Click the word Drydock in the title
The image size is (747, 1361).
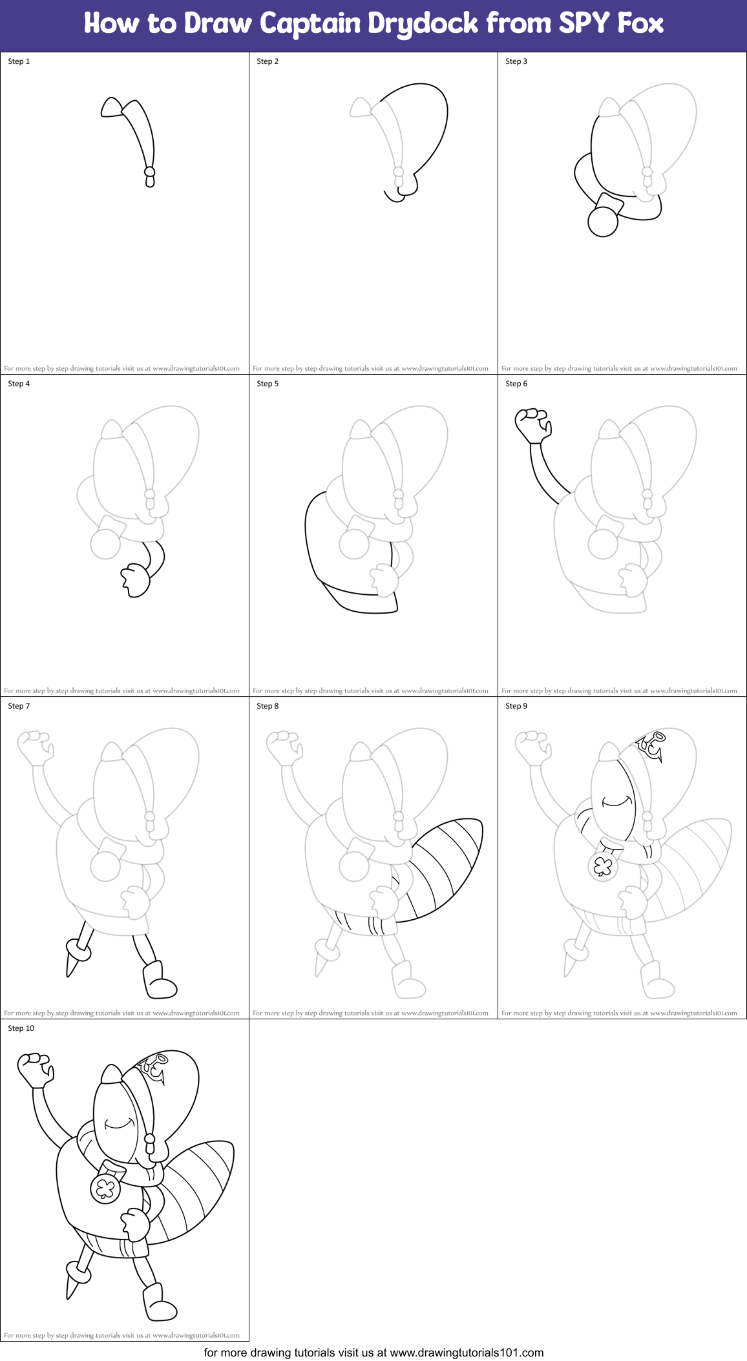[x=423, y=24]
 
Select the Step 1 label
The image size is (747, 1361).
[x=19, y=61]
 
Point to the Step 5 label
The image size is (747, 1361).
[x=268, y=384]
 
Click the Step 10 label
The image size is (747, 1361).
[x=21, y=1028]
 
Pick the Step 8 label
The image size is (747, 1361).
[x=268, y=706]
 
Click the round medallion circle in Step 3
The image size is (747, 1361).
[x=603, y=222]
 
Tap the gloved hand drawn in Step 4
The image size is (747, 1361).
[x=136, y=579]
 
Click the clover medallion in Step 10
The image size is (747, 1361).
[x=105, y=1187]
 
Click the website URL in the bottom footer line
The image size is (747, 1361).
[x=467, y=1353]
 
